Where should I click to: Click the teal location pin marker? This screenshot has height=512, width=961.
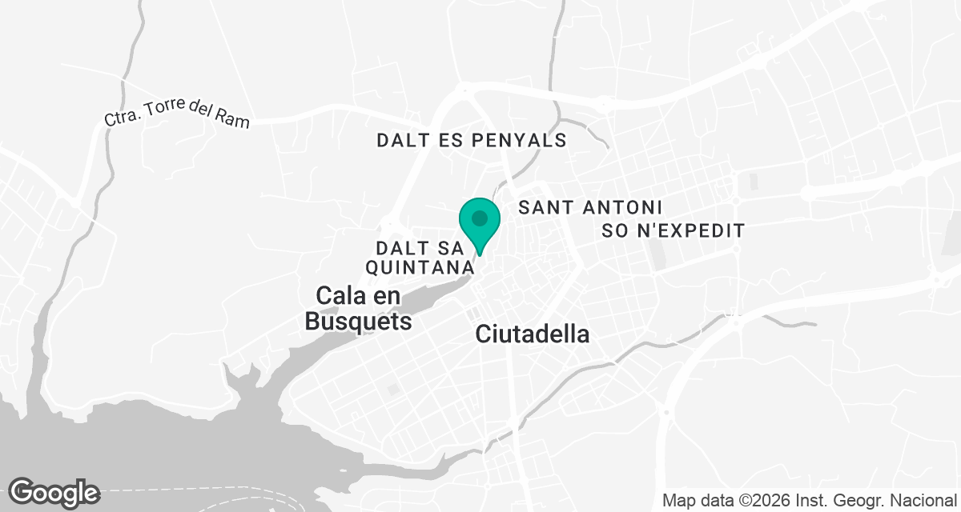tap(480, 224)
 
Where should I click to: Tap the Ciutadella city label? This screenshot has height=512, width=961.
tap(533, 334)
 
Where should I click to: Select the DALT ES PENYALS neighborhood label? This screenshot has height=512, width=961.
tap(472, 141)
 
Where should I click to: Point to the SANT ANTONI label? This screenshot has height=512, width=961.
tap(591, 208)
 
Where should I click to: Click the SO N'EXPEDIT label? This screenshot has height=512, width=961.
tap(674, 231)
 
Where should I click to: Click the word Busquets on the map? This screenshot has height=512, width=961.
tap(358, 322)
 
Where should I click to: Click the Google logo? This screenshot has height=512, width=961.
tap(54, 492)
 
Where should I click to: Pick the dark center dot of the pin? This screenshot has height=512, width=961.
tap(480, 218)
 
